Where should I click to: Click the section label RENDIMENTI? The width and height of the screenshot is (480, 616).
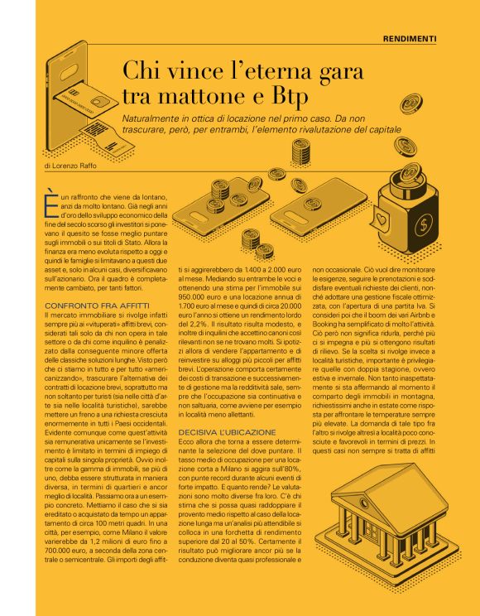410,39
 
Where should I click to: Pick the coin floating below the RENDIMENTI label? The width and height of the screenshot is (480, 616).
410,103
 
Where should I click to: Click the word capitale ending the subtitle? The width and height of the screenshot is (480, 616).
376,130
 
